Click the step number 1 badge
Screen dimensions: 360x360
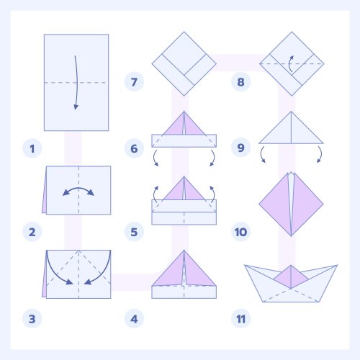point(32,148)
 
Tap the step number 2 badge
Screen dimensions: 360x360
point(32,232)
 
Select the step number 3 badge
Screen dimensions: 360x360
point(32,319)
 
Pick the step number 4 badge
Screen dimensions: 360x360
point(134,319)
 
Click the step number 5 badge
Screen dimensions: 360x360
point(134,232)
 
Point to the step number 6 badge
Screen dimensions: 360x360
point(134,148)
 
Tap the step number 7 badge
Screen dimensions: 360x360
point(134,81)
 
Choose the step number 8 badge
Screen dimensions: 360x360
point(240,81)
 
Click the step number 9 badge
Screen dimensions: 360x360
point(240,148)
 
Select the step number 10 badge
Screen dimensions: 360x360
point(240,232)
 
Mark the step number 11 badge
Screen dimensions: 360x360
point(240,319)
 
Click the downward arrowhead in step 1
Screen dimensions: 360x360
point(76,107)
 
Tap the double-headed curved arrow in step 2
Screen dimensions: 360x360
point(78,188)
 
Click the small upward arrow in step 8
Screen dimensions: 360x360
point(289,63)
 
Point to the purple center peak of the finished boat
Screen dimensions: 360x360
point(291,276)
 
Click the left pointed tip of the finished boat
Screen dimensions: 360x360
point(245,265)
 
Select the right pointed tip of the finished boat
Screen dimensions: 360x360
point(337,265)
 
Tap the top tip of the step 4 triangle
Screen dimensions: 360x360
point(184,251)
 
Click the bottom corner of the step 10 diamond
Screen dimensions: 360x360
point(291,236)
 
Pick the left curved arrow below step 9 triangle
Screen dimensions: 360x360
point(261,154)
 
